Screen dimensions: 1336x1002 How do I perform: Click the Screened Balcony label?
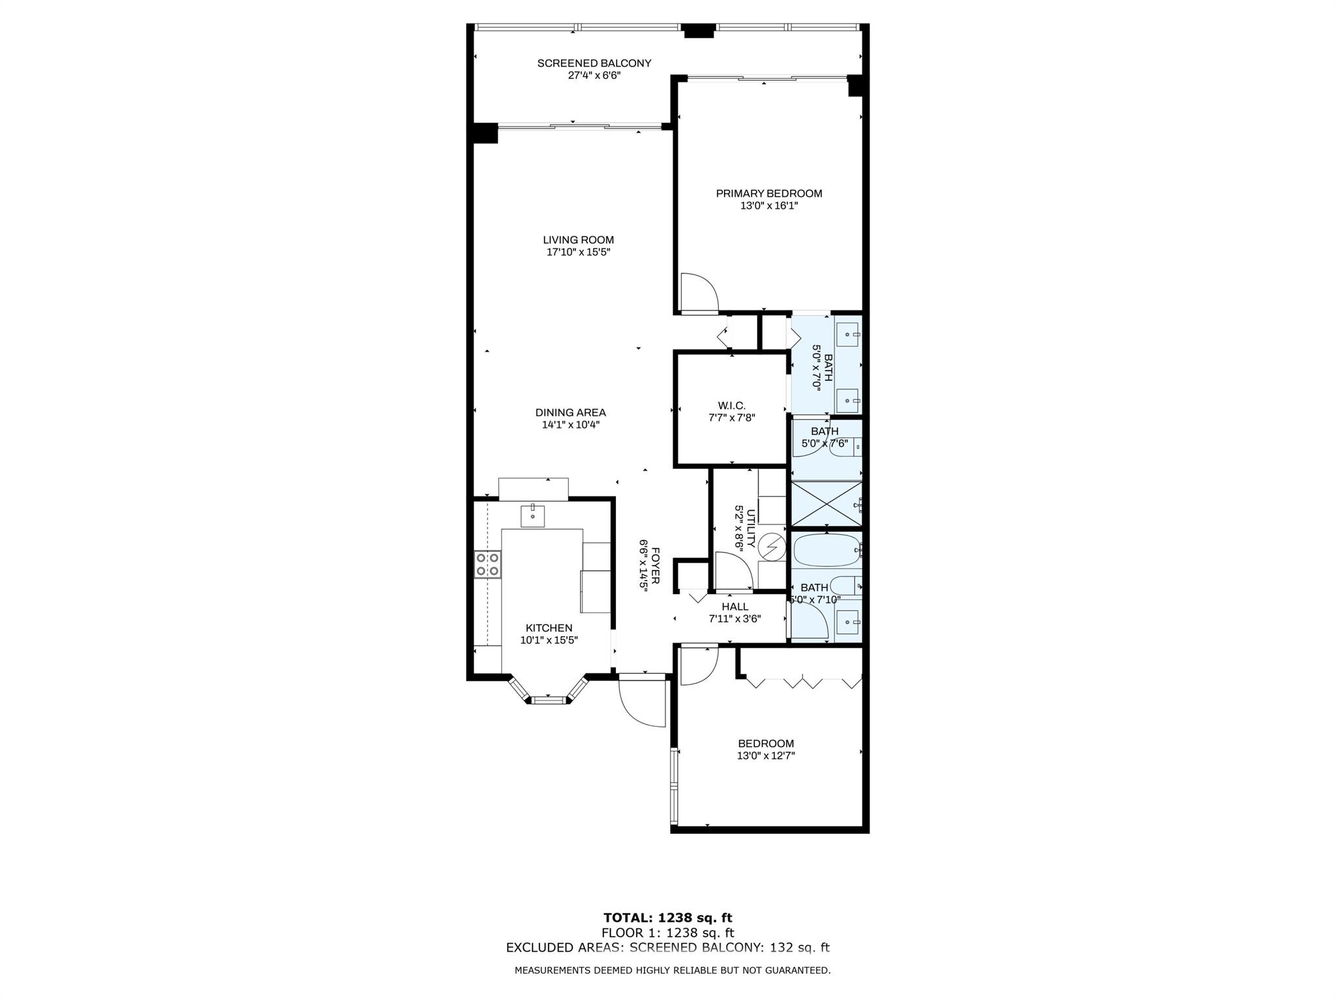(594, 63)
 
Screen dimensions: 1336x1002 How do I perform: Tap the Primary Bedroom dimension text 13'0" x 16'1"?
(768, 205)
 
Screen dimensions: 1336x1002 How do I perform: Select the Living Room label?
(578, 240)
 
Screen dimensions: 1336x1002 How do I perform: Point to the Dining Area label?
(570, 412)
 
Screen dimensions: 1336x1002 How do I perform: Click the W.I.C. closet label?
(731, 406)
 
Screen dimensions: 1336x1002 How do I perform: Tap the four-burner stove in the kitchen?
(488, 564)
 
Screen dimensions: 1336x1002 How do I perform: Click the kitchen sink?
(533, 515)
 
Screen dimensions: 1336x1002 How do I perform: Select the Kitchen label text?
(549, 628)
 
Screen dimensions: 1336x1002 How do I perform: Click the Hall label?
(735, 607)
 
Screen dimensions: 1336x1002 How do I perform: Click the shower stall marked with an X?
(826, 504)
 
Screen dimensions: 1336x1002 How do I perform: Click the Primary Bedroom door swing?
(699, 293)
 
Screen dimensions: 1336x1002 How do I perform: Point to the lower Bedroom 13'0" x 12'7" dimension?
(766, 755)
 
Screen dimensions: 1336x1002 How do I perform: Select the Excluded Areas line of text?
(668, 948)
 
